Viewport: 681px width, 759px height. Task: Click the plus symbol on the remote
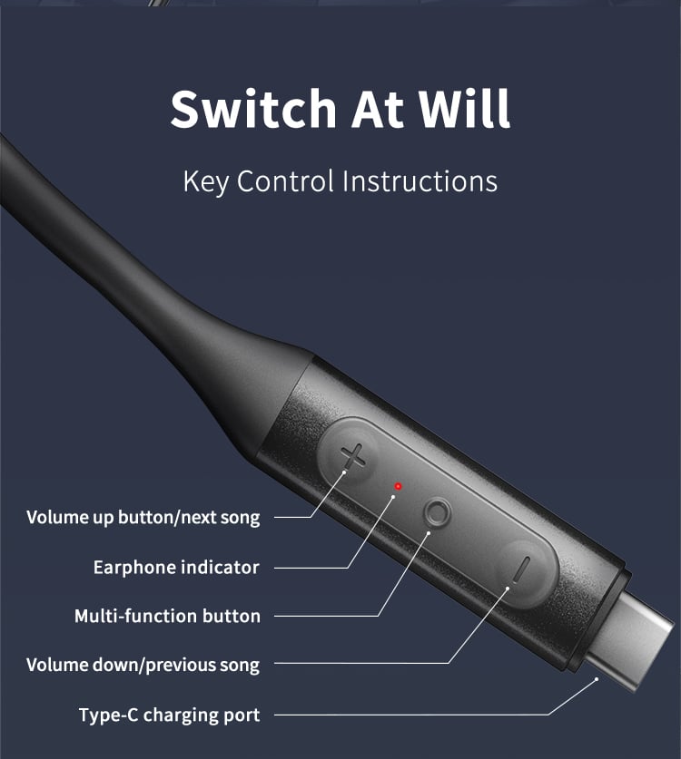click(x=353, y=456)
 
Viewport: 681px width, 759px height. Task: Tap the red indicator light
click(x=398, y=486)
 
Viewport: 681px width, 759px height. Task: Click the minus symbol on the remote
click(x=521, y=570)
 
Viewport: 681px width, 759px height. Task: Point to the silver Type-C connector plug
click(x=630, y=640)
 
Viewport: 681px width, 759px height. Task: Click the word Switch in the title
click(x=253, y=109)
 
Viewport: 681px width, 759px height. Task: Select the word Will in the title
click(x=464, y=109)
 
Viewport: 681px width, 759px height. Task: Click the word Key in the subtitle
click(x=205, y=182)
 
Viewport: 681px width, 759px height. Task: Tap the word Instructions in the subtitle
click(x=419, y=181)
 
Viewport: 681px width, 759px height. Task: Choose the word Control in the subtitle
click(x=285, y=181)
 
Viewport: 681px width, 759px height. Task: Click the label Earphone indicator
click(x=176, y=568)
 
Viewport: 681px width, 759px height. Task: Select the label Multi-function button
click(x=167, y=616)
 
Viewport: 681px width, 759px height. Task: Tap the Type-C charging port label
click(x=170, y=715)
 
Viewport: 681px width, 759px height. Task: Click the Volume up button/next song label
click(x=143, y=518)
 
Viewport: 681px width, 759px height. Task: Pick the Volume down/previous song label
click(x=143, y=665)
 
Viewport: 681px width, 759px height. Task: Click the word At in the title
click(x=378, y=109)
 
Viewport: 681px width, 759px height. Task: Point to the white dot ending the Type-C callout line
click(x=597, y=679)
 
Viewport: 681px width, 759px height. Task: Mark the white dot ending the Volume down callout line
click(x=508, y=589)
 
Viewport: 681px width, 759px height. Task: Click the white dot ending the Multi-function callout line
click(x=429, y=533)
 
